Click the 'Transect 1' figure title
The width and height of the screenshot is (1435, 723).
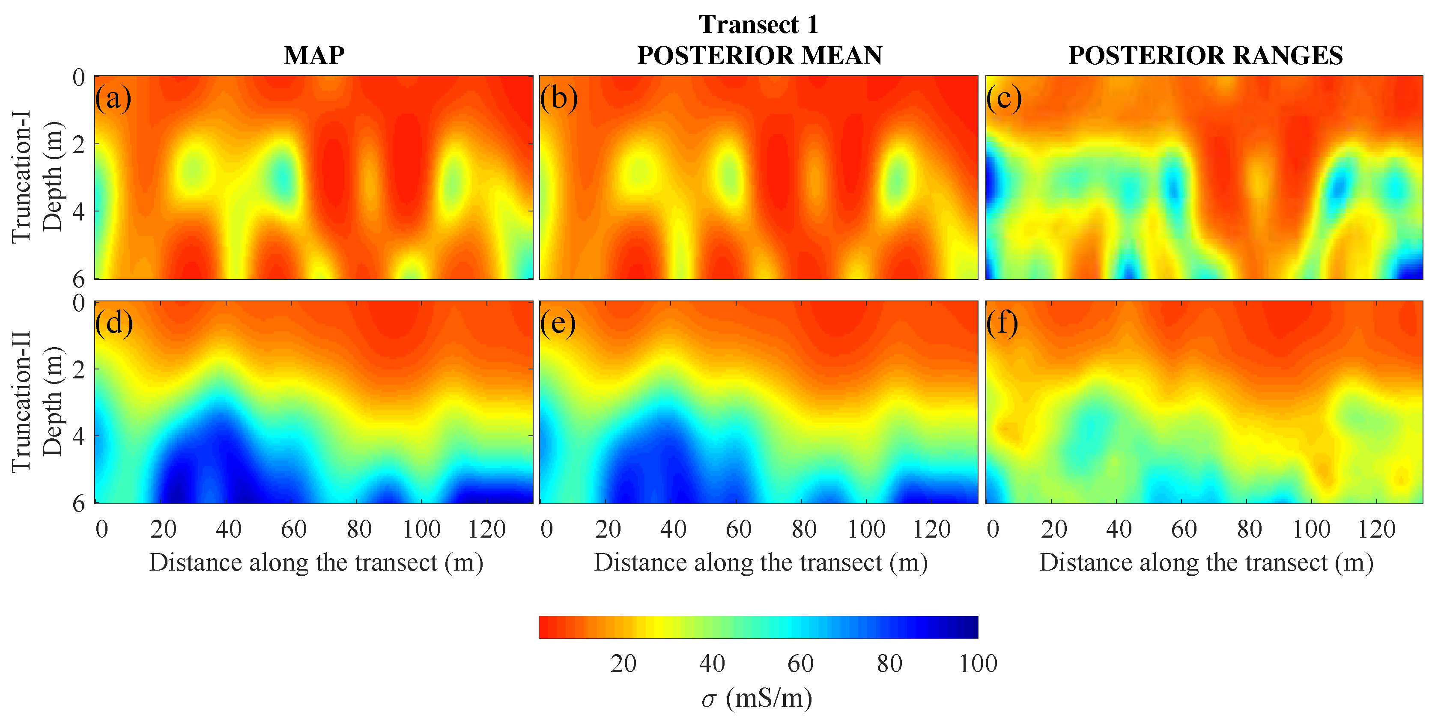tap(759, 24)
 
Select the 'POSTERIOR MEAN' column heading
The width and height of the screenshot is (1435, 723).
tap(759, 55)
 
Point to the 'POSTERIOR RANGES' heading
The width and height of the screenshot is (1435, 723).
tap(1205, 55)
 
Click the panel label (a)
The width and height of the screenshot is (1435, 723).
tap(113, 98)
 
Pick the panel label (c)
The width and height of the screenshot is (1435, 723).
tap(1004, 98)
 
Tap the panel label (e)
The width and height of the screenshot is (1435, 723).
tap(558, 324)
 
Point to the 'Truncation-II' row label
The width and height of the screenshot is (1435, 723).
tap(21, 402)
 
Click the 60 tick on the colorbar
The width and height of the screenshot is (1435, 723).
tap(800, 663)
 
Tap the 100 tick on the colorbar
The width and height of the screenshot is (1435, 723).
tap(978, 663)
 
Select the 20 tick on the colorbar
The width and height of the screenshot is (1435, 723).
tap(624, 663)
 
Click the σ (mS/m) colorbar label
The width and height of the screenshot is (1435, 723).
tap(757, 698)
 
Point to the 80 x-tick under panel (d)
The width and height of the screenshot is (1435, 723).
tap(359, 529)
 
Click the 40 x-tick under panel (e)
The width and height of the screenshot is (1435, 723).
tap(673, 529)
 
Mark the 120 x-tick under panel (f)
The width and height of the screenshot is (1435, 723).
tap(1376, 529)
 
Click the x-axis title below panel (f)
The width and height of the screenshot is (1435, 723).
tap(1206, 562)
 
